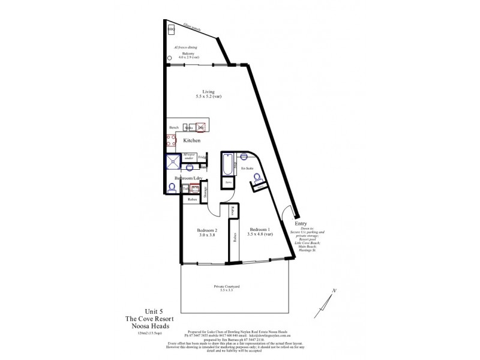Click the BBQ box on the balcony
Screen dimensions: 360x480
coord(171,29)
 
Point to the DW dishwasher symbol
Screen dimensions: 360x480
coord(201,127)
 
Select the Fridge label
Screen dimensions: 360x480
coord(202,158)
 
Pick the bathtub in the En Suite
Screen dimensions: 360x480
coord(229,164)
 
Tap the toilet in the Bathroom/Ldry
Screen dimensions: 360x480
coord(172,189)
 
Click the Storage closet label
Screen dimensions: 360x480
coord(205,191)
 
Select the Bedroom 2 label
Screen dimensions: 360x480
coord(206,230)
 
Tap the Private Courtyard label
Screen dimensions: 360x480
coord(227,287)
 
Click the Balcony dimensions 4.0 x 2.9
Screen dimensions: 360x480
coord(195,56)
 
